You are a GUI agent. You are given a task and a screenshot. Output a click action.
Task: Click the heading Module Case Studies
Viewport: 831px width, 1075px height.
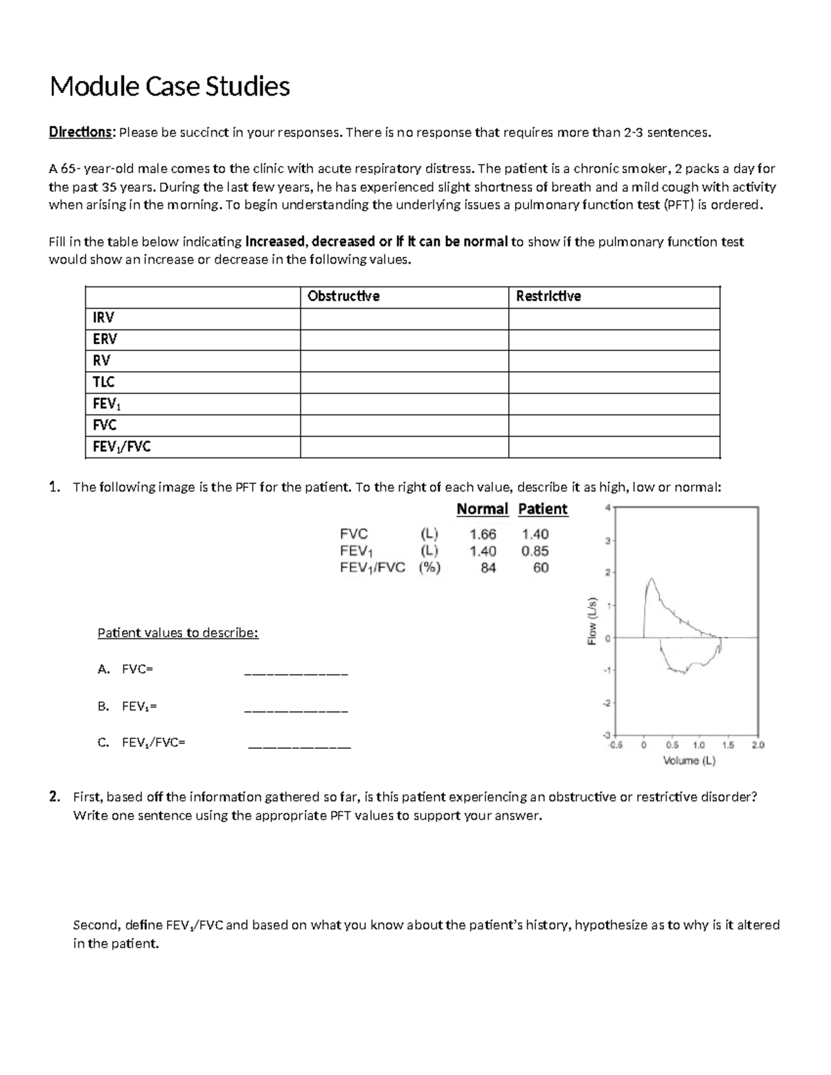(170, 87)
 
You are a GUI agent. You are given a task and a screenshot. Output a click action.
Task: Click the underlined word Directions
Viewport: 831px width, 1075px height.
(80, 132)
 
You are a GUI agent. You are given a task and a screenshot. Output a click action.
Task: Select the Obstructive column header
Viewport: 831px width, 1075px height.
(343, 296)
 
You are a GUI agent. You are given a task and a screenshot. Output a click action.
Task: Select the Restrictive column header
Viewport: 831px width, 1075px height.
(548, 296)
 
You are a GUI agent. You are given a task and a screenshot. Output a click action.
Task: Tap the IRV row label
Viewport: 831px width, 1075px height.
(104, 318)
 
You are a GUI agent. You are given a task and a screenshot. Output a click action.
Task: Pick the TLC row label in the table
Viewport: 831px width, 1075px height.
(104, 382)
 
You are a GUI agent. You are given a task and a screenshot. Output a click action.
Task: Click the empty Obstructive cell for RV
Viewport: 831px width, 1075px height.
(404, 361)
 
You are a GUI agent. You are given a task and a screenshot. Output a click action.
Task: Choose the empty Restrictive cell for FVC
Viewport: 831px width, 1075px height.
(614, 425)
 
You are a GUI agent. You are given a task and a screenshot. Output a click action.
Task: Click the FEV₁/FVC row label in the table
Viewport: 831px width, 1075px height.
(122, 446)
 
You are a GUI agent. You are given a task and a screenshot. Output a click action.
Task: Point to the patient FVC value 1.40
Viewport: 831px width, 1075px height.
(535, 534)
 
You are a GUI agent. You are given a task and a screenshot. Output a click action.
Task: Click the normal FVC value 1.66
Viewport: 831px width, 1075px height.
(483, 534)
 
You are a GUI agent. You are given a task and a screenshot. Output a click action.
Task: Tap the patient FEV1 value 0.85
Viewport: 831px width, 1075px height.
(535, 551)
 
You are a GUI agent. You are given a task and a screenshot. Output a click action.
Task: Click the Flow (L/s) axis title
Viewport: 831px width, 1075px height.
(592, 620)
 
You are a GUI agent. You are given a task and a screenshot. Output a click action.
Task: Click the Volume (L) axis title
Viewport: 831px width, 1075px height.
(689, 761)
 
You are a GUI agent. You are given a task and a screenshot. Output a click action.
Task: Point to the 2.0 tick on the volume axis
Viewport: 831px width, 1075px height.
(758, 746)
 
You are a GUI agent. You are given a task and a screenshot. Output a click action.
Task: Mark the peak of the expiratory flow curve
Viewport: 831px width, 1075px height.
(650, 579)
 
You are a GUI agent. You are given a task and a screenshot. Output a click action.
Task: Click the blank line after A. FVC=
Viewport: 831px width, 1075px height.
(296, 671)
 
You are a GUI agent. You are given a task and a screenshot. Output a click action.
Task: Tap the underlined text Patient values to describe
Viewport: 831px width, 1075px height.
(178, 633)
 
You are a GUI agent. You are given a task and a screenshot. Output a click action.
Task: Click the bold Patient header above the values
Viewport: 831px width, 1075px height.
(542, 509)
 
